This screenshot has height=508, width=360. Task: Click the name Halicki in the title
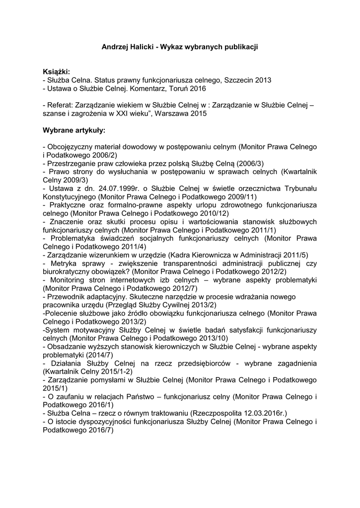coord(140,47)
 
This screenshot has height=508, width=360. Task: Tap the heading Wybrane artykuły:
coord(74,130)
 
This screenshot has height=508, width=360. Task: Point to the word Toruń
coord(174,88)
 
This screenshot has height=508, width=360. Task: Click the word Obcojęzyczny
coord(71,147)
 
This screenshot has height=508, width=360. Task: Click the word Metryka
coord(62,263)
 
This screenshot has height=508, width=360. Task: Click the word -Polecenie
coord(62,314)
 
